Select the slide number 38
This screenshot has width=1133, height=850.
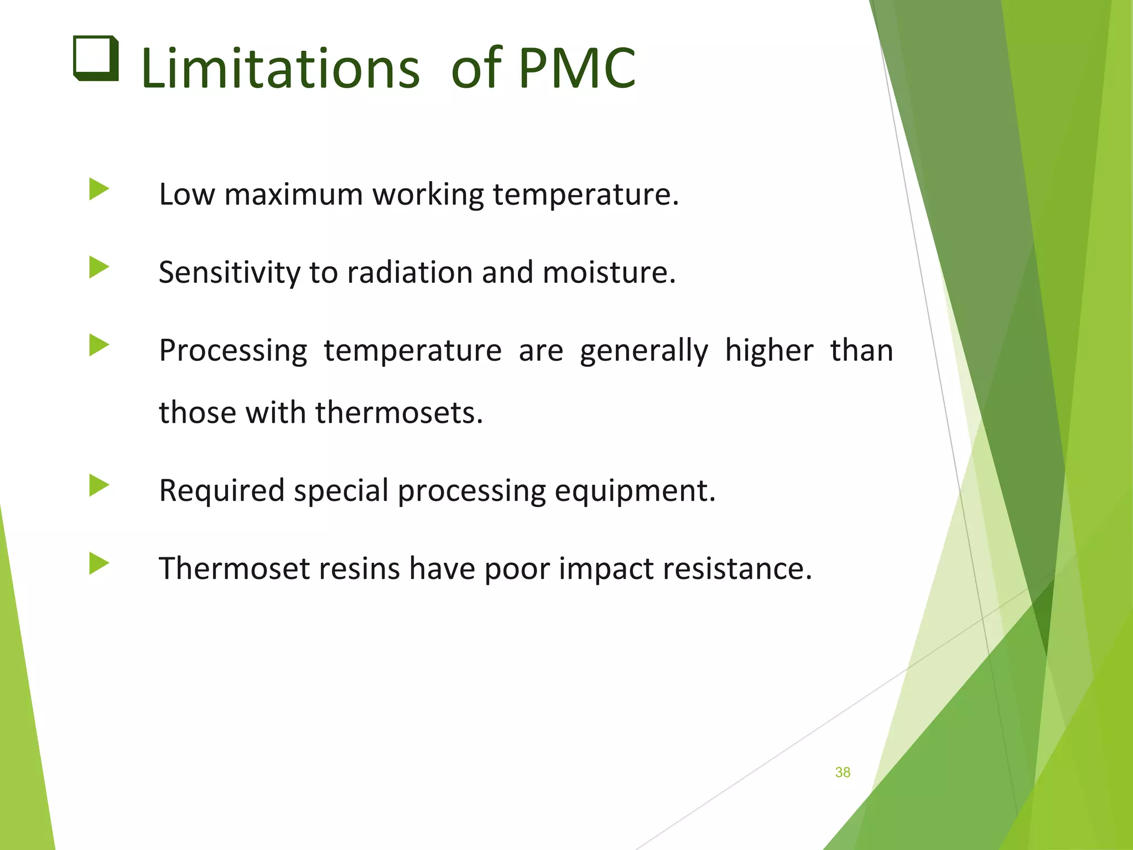(x=843, y=773)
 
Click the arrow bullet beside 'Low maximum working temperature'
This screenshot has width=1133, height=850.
(x=99, y=189)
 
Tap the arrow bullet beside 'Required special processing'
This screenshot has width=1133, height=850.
(x=99, y=486)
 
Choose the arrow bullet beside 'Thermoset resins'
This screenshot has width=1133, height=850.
(x=99, y=564)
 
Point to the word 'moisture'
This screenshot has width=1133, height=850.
(x=609, y=273)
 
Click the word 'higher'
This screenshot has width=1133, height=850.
(x=769, y=351)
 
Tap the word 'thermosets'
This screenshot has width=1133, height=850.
(x=399, y=413)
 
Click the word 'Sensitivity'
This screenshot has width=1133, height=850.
(x=229, y=273)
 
